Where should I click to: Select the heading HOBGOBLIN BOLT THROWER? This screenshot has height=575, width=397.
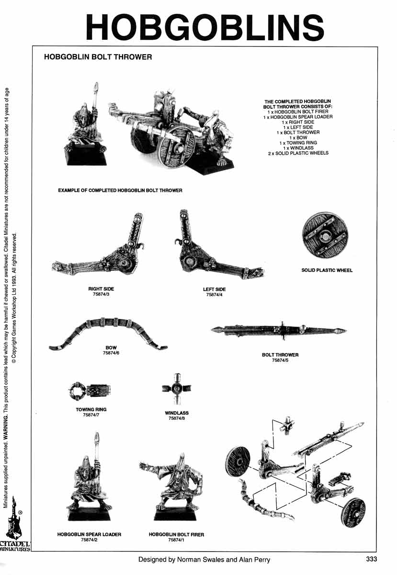[98, 57]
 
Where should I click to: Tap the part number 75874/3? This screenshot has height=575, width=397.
[101, 295]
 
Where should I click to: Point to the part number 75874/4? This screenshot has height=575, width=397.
[214, 295]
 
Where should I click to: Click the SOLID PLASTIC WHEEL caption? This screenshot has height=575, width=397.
[327, 270]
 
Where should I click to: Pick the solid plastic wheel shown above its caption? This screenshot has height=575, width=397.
[325, 236]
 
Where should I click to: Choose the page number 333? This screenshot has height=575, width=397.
[372, 559]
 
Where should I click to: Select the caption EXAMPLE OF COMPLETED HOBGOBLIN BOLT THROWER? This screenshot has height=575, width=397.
[120, 190]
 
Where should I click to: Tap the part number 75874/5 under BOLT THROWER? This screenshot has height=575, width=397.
[280, 360]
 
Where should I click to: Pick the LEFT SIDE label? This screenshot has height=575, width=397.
[214, 289]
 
